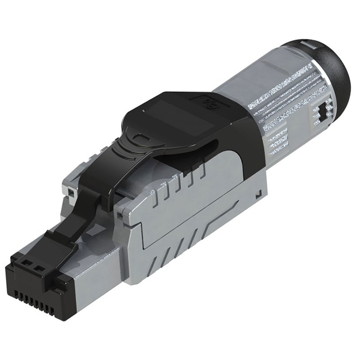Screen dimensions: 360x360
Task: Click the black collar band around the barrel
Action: (x=252, y=135)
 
